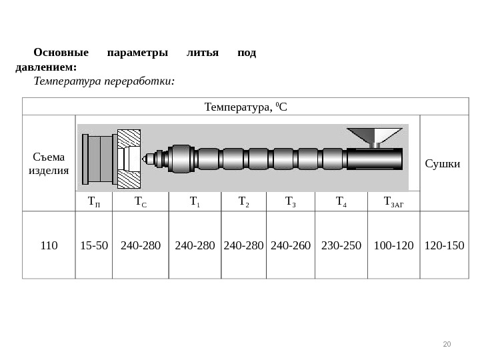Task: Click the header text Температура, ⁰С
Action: [245, 107]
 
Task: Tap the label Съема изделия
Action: [49, 163]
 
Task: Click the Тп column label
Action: [94, 201]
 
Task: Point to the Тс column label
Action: [141, 201]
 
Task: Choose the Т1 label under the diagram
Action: [195, 201]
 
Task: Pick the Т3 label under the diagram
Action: [290, 201]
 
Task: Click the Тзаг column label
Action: [393, 201]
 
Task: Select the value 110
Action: [49, 245]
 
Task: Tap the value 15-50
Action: [94, 245]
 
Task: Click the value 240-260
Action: [291, 245]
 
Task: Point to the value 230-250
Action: [341, 245]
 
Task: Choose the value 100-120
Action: [394, 245]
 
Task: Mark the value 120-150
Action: [444, 245]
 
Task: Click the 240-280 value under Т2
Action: [243, 245]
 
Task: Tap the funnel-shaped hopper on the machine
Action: [375, 135]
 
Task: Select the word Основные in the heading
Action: [61, 53]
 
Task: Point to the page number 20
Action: [447, 344]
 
